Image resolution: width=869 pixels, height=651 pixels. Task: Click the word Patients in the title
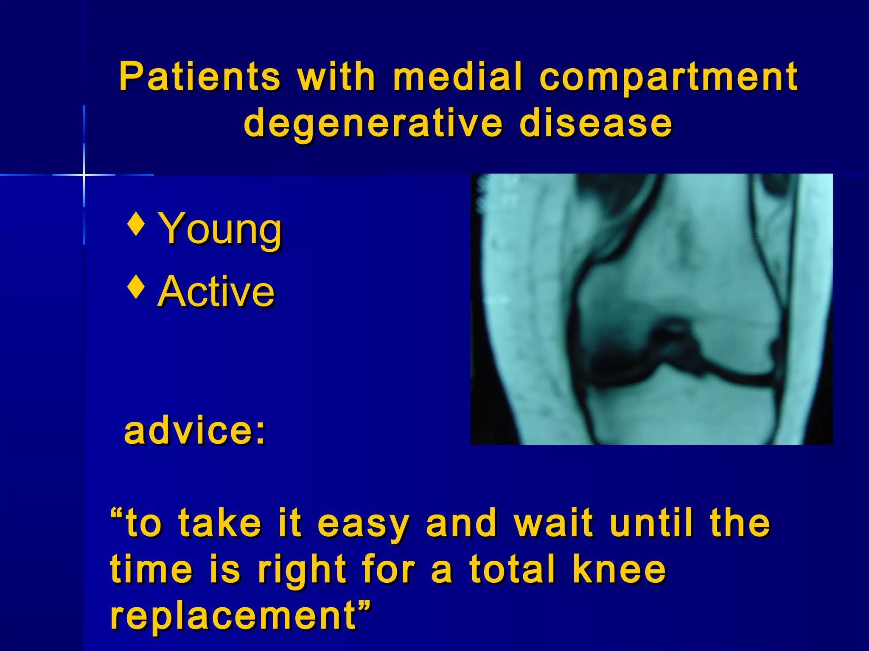click(x=199, y=77)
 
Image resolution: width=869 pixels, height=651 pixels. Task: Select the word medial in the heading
click(x=457, y=77)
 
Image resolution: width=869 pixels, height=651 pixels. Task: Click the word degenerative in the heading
click(x=373, y=124)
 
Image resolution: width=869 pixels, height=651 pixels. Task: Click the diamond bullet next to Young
click(x=136, y=224)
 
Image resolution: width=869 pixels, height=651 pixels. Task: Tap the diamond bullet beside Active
click(x=136, y=287)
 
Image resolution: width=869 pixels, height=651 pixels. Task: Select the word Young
click(x=219, y=229)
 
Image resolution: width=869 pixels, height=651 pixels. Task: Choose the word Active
click(x=216, y=291)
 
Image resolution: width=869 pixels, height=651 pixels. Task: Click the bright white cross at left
click(x=84, y=175)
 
